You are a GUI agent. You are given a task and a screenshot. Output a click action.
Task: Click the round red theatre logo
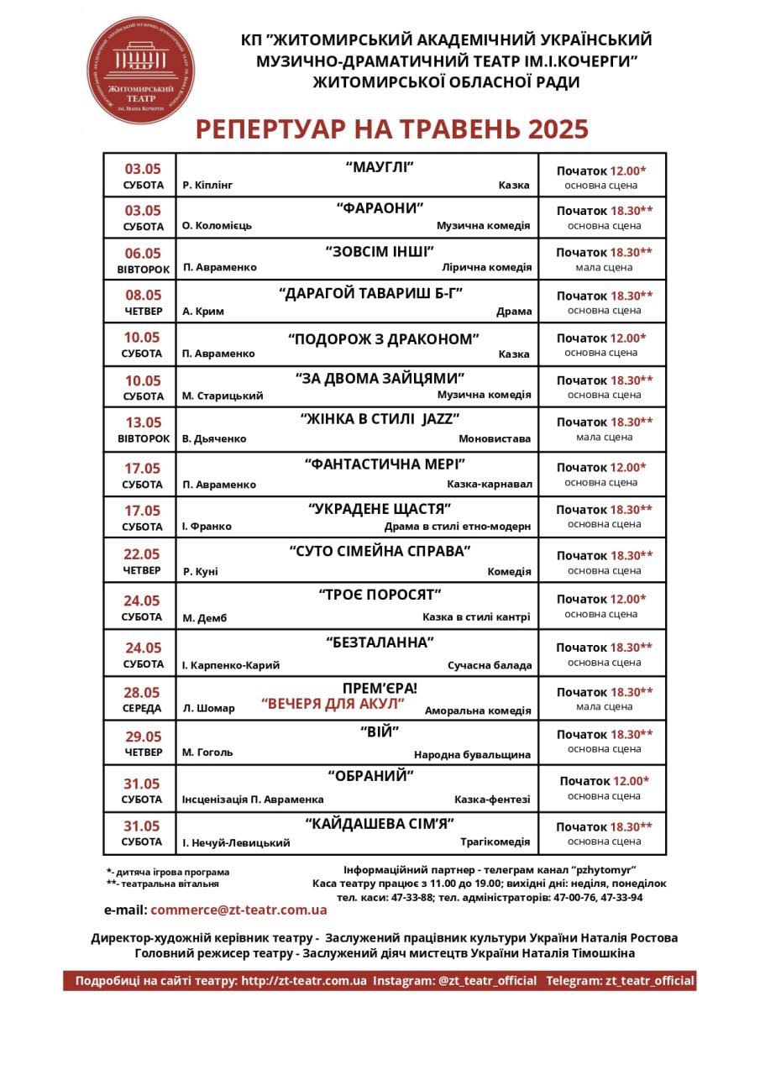(141, 71)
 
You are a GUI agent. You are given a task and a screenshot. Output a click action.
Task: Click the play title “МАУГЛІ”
(380, 167)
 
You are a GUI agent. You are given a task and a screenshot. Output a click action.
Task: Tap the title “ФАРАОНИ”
(380, 208)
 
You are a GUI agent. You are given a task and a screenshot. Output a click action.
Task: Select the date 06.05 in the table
(142, 253)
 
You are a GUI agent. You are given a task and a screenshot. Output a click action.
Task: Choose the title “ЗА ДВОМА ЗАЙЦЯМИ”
(380, 379)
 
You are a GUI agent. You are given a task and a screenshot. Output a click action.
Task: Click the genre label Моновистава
(495, 439)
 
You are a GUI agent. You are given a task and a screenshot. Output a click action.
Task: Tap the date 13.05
(142, 422)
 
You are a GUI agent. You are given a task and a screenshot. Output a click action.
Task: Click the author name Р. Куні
(200, 572)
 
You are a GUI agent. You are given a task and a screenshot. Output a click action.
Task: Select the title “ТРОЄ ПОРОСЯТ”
(380, 595)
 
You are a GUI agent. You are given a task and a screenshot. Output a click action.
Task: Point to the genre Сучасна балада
(490, 665)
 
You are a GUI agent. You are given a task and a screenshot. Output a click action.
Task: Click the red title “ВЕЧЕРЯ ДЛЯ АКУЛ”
(333, 703)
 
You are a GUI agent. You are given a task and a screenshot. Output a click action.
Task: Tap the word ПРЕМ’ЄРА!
(380, 688)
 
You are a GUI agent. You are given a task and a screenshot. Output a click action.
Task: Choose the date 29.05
(142, 737)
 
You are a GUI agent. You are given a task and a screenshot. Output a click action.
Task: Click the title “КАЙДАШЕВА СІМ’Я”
(380, 824)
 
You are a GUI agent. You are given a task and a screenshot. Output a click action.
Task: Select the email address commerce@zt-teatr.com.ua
(238, 910)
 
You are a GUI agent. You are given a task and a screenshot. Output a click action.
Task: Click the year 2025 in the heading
(558, 129)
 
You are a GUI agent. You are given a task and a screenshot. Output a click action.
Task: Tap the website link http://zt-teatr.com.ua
(304, 981)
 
